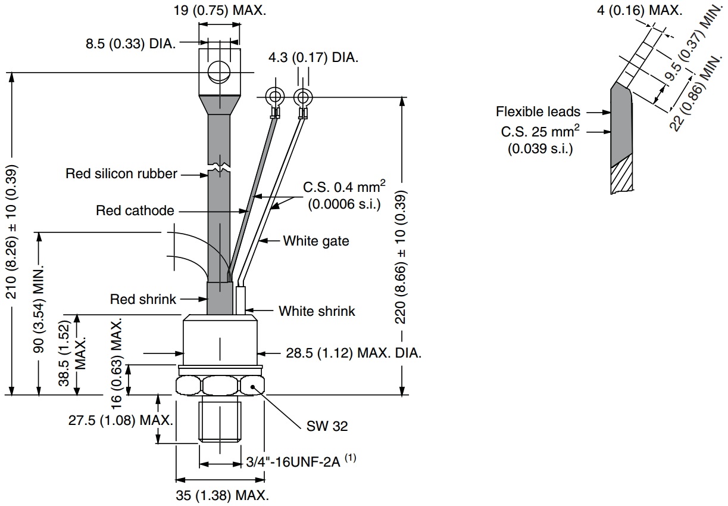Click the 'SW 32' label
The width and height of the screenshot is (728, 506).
point(327,426)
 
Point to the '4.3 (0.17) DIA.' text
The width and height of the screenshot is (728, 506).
point(314,58)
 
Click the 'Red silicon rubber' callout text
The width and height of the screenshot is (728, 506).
point(121,174)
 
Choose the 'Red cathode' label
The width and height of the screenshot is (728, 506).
point(135,210)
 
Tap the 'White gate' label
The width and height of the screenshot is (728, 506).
point(315,241)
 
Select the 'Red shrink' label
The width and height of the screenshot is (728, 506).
point(143,299)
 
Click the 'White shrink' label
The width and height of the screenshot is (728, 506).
point(317,311)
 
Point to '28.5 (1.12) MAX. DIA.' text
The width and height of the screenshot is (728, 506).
point(354,353)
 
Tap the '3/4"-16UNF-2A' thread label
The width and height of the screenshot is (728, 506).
point(293,462)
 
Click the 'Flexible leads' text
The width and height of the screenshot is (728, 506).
point(538,111)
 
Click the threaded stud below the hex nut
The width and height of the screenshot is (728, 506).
point(220,421)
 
